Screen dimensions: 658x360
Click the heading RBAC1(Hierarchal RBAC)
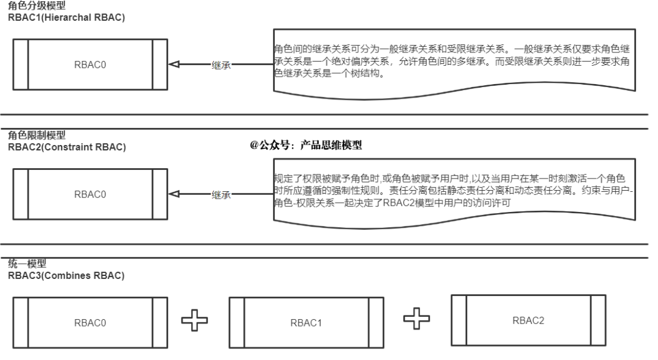point(66,18)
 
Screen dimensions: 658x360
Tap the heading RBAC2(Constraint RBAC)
point(67,147)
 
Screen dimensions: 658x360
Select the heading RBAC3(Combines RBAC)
point(66,276)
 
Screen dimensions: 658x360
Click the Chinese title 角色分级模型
point(37,6)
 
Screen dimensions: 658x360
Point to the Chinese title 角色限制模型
point(37,135)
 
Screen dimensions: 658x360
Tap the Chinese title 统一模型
point(27,264)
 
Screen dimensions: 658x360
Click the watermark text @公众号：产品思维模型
point(306,145)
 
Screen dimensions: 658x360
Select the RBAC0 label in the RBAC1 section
point(90,65)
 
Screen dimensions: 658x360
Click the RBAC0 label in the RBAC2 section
point(90,195)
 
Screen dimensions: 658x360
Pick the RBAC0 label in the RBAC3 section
point(90,323)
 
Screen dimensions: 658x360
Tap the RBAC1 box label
point(306,323)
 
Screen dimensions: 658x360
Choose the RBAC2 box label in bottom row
point(528,321)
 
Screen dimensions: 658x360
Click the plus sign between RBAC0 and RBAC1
point(194,320)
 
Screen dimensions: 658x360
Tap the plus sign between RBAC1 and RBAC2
point(417,319)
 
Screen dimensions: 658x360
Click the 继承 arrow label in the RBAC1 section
point(221,65)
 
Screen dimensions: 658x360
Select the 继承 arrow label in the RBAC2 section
point(221,195)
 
